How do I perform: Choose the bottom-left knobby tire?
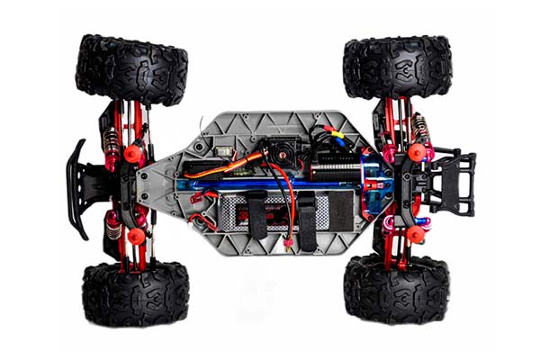135,292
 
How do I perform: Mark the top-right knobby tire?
397,67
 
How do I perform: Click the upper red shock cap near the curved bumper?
133,155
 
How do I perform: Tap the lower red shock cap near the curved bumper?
136,236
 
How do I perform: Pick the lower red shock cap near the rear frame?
415,234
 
